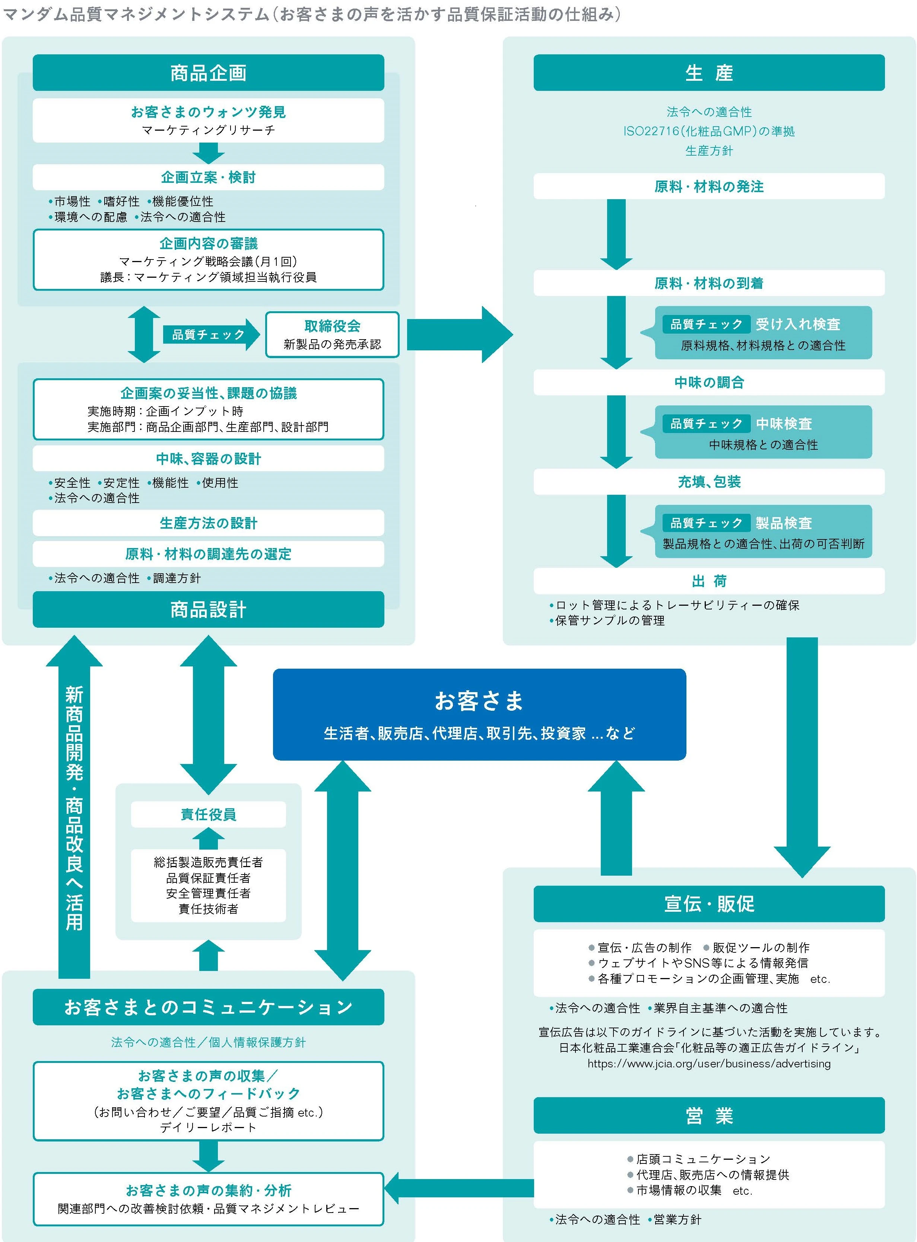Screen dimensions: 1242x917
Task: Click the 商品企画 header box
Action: point(208,73)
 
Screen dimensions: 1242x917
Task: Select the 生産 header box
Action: point(708,73)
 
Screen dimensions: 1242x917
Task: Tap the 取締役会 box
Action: point(332,334)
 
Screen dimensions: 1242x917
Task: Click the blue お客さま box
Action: point(479,714)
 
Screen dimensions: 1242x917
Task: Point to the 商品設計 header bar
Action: point(208,609)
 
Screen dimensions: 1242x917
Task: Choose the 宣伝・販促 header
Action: point(708,904)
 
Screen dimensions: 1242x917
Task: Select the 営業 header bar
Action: point(708,1115)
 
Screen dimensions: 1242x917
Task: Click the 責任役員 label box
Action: point(208,814)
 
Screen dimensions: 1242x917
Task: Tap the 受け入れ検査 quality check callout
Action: point(763,333)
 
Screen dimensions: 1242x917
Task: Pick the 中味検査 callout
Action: point(763,432)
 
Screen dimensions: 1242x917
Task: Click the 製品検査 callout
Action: point(763,531)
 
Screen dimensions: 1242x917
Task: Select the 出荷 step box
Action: point(708,581)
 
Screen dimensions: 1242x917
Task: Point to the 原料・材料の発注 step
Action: point(708,187)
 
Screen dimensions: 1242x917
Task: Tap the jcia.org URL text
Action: point(708,1063)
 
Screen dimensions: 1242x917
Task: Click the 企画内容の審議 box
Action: point(208,259)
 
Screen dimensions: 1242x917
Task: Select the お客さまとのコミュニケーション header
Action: point(208,1007)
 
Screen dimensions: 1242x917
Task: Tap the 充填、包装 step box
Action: point(708,481)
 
